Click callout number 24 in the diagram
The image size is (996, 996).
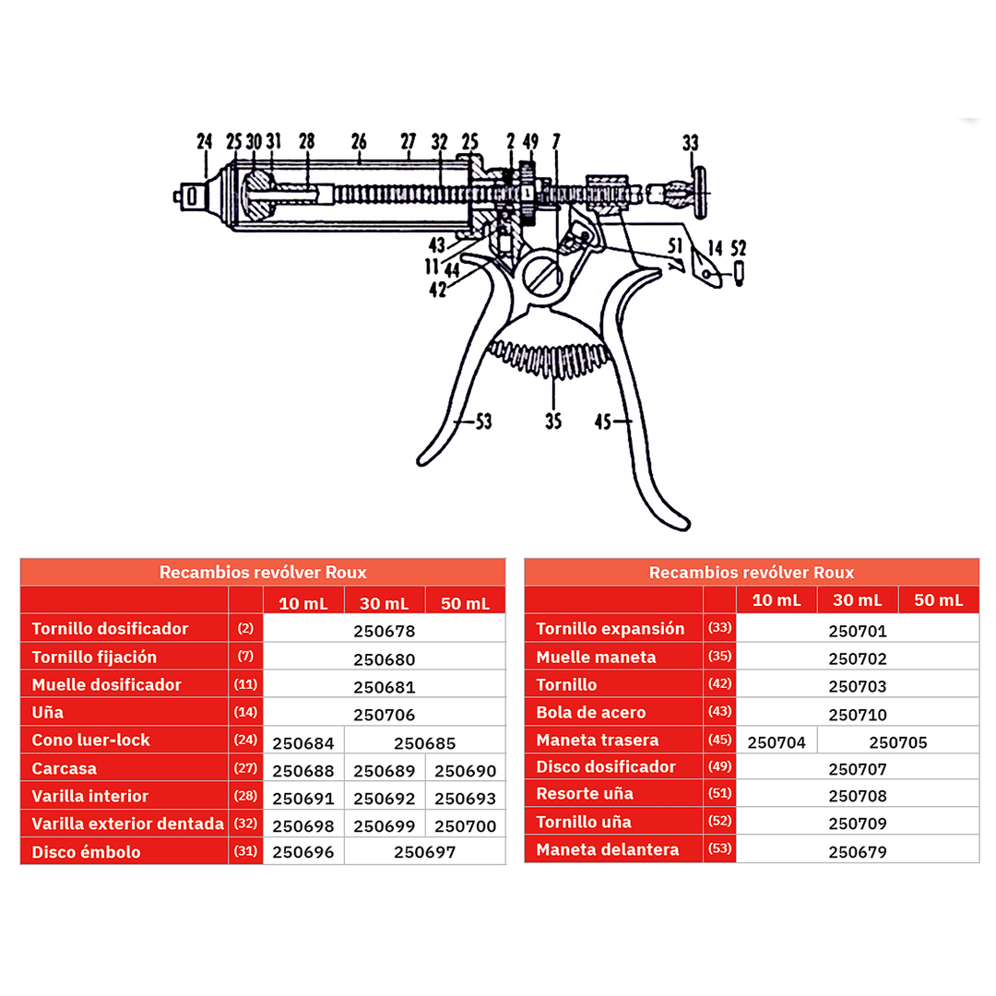click(x=205, y=142)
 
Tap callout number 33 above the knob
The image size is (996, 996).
click(x=690, y=143)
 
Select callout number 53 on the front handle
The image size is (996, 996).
click(x=481, y=421)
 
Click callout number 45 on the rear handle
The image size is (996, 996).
click(x=603, y=421)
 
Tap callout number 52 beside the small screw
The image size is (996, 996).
click(x=739, y=247)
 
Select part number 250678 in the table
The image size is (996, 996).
click(x=385, y=632)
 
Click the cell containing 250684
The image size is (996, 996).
click(x=304, y=742)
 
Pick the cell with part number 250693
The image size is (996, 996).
click(x=466, y=799)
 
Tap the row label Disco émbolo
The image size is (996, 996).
click(x=87, y=851)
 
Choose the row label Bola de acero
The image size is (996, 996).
click(x=591, y=713)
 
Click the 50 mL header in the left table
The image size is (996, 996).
click(x=466, y=603)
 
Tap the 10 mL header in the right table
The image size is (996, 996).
click(x=777, y=600)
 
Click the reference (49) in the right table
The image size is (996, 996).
click(x=719, y=768)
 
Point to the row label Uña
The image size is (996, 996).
click(x=48, y=713)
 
